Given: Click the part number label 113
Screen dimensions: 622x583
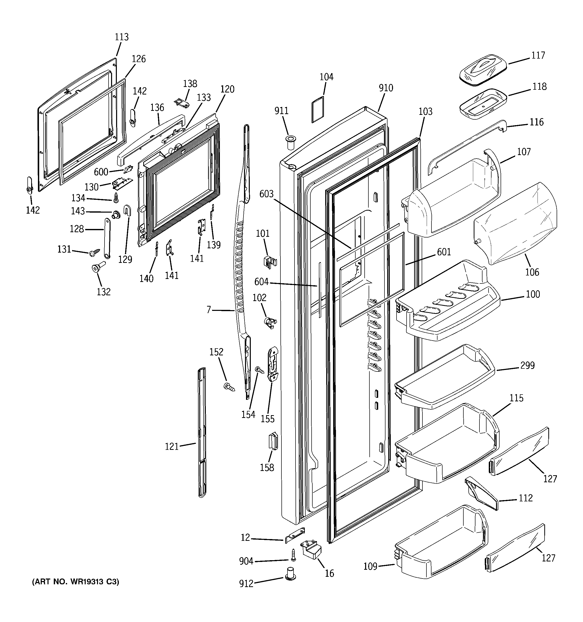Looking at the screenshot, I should point(121,37).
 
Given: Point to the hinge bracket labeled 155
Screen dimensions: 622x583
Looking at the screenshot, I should point(273,364).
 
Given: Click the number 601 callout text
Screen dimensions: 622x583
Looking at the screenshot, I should point(444,252).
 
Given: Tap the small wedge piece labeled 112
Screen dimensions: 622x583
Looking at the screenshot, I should point(481,493).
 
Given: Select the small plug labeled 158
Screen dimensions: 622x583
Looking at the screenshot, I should point(273,441).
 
